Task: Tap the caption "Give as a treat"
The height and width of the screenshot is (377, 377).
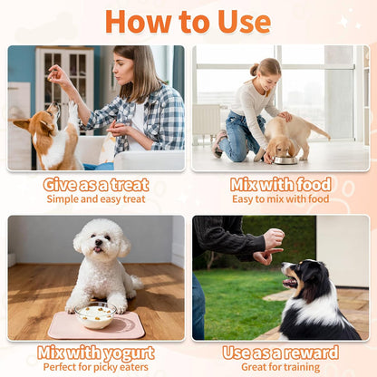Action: (x=96, y=184)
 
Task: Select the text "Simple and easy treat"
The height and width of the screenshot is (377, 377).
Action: (x=96, y=198)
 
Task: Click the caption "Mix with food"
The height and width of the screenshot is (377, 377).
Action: (x=280, y=184)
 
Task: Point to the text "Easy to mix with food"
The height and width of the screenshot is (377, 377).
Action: (x=280, y=198)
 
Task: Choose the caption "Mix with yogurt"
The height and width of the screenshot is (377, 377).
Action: (x=96, y=353)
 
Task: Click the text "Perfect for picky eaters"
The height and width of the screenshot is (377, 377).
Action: (x=96, y=367)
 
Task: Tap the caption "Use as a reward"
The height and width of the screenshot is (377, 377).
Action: (x=280, y=353)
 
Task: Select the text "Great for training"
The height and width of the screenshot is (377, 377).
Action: (x=280, y=367)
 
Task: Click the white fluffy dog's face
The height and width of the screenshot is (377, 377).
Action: (x=101, y=243)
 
